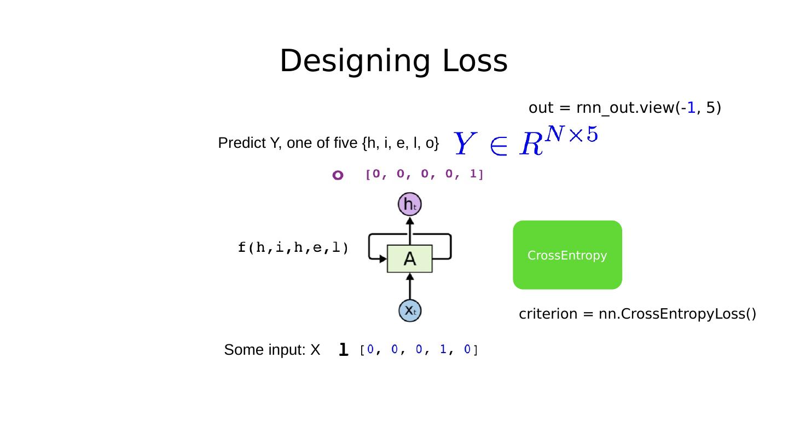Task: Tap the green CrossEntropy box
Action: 567,255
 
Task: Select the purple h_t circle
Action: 409,205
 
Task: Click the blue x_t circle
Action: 409,311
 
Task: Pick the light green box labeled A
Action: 409,259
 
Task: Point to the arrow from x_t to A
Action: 410,286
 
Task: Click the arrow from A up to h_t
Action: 410,231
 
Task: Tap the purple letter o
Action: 338,175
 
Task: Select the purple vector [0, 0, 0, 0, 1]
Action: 424,175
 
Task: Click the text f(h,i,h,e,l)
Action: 293,248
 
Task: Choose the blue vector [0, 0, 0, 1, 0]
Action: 419,350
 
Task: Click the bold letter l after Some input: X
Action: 343,349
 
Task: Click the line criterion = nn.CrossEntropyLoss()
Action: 637,314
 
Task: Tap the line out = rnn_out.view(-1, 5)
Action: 624,108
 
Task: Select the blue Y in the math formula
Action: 463,144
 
